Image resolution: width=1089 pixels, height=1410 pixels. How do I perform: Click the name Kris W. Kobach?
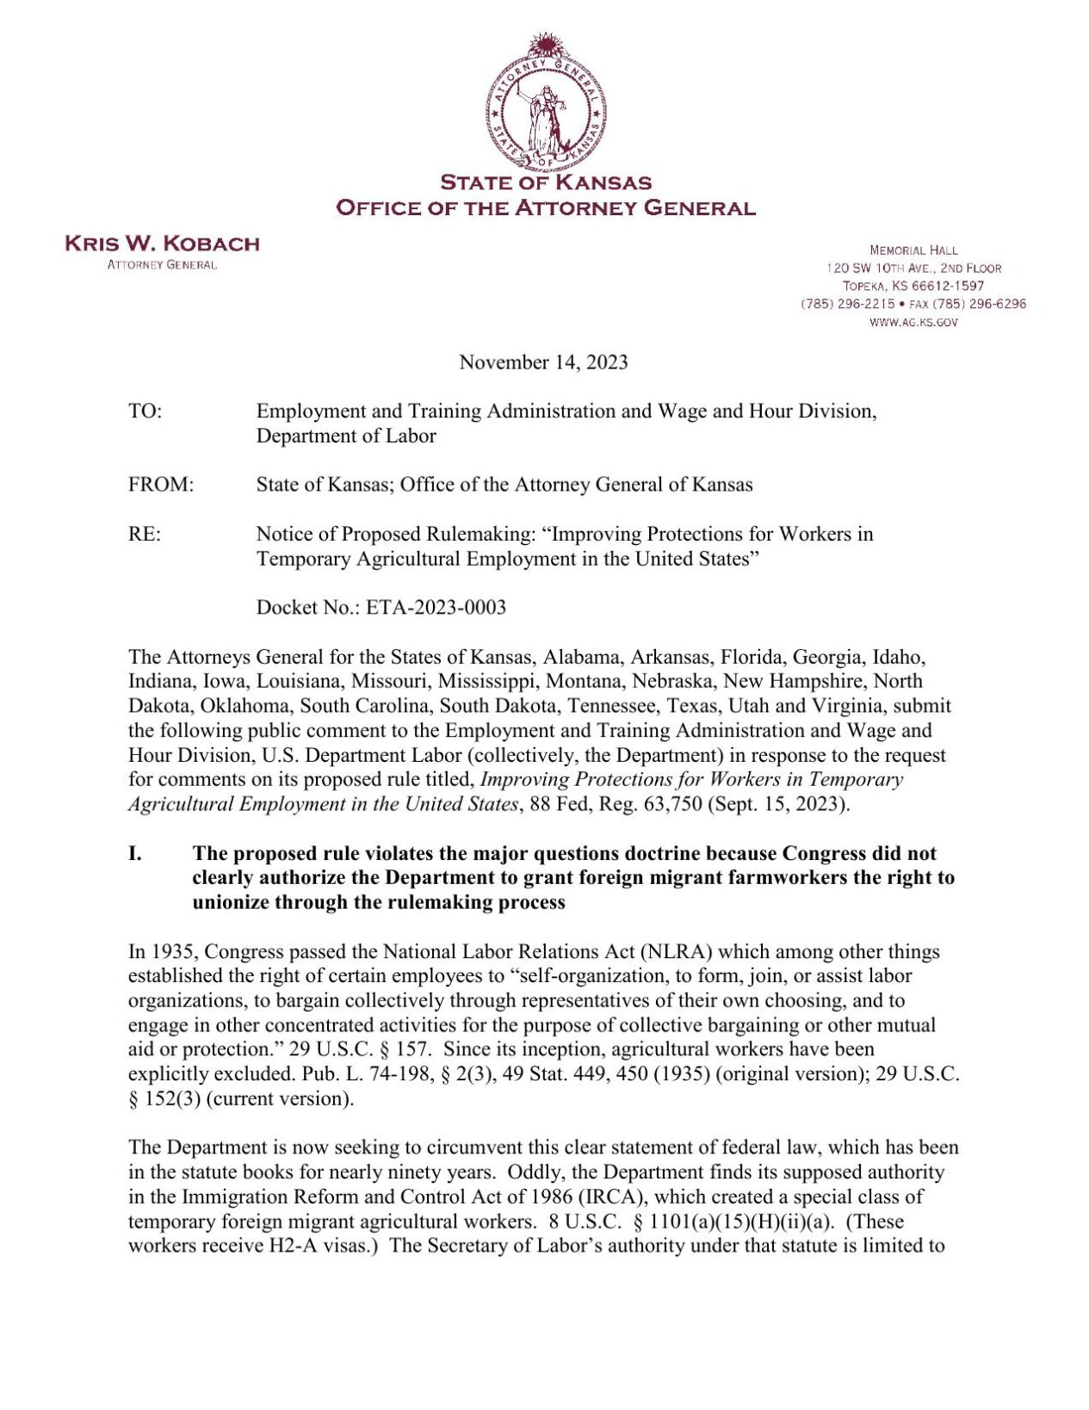pyautogui.click(x=162, y=244)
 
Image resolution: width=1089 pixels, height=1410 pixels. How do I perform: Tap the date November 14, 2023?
pyautogui.click(x=543, y=362)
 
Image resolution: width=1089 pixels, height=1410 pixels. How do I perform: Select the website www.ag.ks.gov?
pyautogui.click(x=913, y=322)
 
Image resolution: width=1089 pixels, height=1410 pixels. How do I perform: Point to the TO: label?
pyautogui.click(x=145, y=411)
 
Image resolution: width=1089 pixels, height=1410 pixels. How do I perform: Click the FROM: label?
pyautogui.click(x=161, y=485)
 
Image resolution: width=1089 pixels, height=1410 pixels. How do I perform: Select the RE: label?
pyautogui.click(x=144, y=535)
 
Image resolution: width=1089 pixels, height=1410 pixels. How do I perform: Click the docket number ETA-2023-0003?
pyautogui.click(x=436, y=608)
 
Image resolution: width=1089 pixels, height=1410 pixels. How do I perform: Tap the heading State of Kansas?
pyautogui.click(x=545, y=182)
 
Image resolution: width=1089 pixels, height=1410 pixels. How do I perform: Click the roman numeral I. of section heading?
pyautogui.click(x=135, y=854)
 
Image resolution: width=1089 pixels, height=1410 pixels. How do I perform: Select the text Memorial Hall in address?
pyautogui.click(x=913, y=250)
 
